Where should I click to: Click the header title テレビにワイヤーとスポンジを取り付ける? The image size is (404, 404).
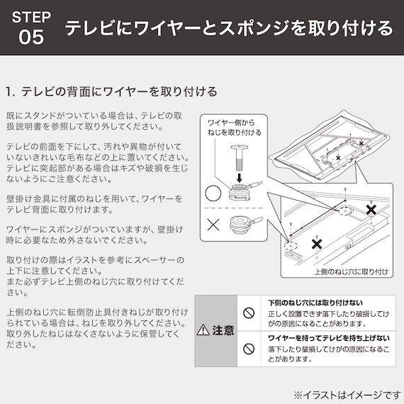pos(228,28)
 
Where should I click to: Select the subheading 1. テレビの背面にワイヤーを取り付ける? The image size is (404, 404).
pos(111,92)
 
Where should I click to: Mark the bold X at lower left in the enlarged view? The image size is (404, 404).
pos(318,244)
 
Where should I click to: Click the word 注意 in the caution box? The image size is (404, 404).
pos(223,330)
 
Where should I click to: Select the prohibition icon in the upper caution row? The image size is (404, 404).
pos(249,312)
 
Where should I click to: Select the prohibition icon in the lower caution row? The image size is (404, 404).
pos(249,349)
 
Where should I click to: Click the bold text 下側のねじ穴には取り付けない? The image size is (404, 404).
pos(309,301)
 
